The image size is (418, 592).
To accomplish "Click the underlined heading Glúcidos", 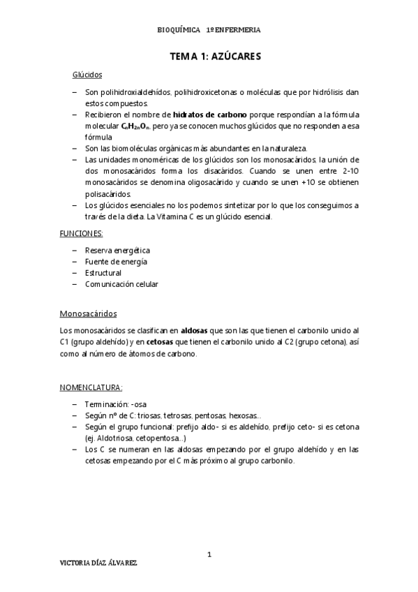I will click(87, 74).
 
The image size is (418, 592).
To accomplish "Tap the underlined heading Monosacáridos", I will click(89, 313).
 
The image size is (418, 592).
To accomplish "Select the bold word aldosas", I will click(195, 330).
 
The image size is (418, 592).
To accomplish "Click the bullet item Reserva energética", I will click(117, 250).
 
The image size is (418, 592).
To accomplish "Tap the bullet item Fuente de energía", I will click(116, 261).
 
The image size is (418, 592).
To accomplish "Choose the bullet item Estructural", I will click(103, 273).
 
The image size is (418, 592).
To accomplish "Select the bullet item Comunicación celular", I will click(121, 284).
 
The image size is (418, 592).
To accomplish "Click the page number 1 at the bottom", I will click(209, 554).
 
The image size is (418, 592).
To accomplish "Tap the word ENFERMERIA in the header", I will click(238, 30).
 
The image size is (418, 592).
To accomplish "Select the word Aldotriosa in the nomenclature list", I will click(116, 438).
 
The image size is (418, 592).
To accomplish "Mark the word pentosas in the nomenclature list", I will click(211, 415).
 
